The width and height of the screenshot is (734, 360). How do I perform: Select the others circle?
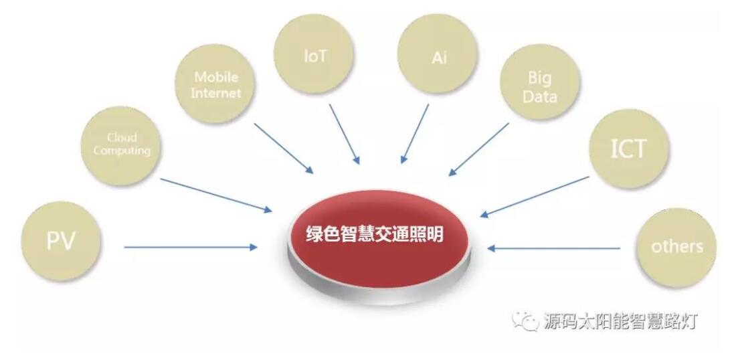(676, 247)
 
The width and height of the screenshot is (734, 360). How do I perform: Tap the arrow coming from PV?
(191, 247)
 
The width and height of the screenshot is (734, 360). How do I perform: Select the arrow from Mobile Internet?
(284, 148)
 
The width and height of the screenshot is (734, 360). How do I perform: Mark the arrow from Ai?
(415, 134)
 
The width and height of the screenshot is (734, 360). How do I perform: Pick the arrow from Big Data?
(478, 149)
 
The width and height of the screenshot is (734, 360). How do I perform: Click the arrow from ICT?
(535, 196)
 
